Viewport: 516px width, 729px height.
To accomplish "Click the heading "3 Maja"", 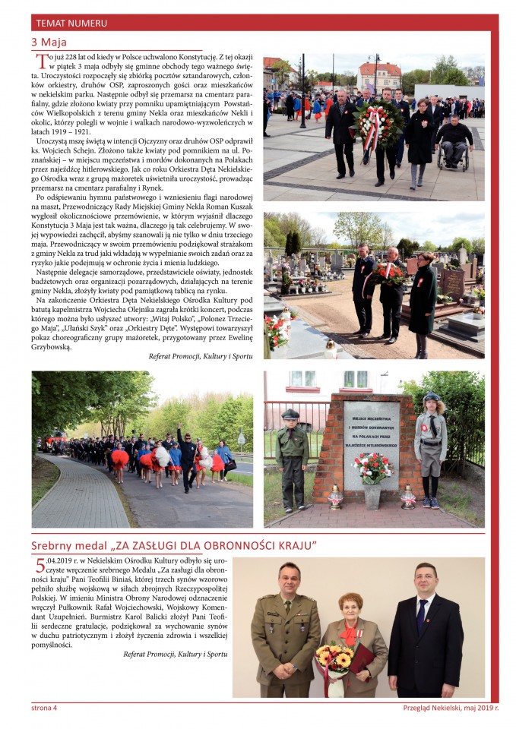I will click(49, 42).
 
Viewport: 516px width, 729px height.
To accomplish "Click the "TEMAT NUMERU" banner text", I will click(71, 24).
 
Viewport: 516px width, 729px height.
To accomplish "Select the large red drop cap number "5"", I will click(41, 566).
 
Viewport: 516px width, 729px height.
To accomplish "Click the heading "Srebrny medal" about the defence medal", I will click(173, 546).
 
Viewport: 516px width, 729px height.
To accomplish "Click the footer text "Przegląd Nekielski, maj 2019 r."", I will click(451, 708).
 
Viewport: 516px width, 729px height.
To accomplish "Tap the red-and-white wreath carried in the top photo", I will click(378, 124).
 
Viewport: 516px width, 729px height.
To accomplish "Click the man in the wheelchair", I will click(454, 140).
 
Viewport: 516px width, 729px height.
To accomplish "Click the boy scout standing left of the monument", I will click(292, 456).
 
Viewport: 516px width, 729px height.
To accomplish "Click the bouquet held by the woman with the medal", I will click(335, 659).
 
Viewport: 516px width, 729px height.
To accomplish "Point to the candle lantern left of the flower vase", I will click(334, 497).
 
